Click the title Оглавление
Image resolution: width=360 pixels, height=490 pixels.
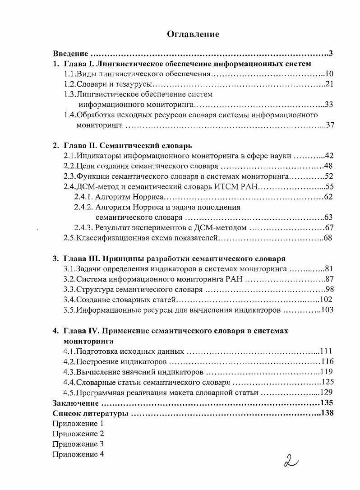(193, 34)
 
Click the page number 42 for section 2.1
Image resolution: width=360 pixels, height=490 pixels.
(328, 156)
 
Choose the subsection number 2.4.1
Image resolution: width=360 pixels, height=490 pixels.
(83, 197)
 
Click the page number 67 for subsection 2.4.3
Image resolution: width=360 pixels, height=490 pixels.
(328, 228)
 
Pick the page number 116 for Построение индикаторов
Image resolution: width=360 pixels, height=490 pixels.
(327, 362)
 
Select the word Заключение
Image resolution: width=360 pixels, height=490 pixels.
(75, 403)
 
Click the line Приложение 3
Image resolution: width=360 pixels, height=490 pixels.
(78, 444)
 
